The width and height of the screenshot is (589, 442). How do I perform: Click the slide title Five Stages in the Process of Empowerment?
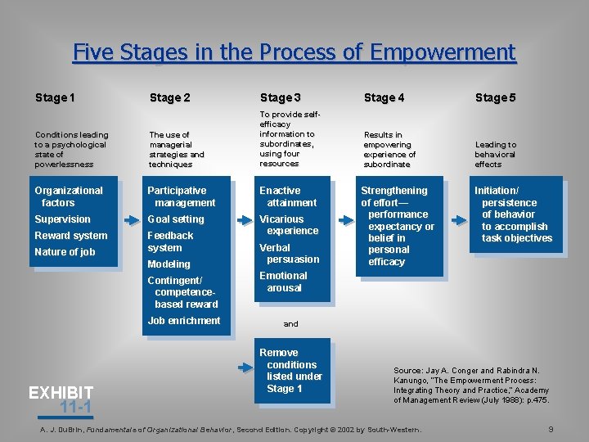pos(294,52)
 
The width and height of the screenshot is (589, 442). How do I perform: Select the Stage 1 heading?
pos(56,98)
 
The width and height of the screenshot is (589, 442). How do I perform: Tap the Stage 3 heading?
pos(281,98)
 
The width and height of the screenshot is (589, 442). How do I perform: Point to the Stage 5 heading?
pos(495,98)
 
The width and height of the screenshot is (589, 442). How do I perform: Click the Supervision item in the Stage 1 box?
pos(62,219)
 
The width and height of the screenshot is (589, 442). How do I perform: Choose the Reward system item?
pos(70,236)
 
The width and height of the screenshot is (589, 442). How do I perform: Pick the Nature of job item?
pos(65,252)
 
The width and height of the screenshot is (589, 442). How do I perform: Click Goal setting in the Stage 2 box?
pos(175,219)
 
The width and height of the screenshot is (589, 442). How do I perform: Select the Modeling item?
pos(169,264)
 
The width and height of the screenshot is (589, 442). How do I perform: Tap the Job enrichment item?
pos(184,321)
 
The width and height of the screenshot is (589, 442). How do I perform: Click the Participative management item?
pos(182,196)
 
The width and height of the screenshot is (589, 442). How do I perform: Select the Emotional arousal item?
pos(283,282)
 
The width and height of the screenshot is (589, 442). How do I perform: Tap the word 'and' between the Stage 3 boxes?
pos(291,324)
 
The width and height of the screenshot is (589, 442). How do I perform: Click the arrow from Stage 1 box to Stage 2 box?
pos(131,220)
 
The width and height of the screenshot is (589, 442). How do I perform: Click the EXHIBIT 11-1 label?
pos(61,399)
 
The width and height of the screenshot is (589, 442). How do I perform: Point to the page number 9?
pos(551,429)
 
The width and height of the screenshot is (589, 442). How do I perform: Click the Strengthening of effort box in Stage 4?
pos(398,226)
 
